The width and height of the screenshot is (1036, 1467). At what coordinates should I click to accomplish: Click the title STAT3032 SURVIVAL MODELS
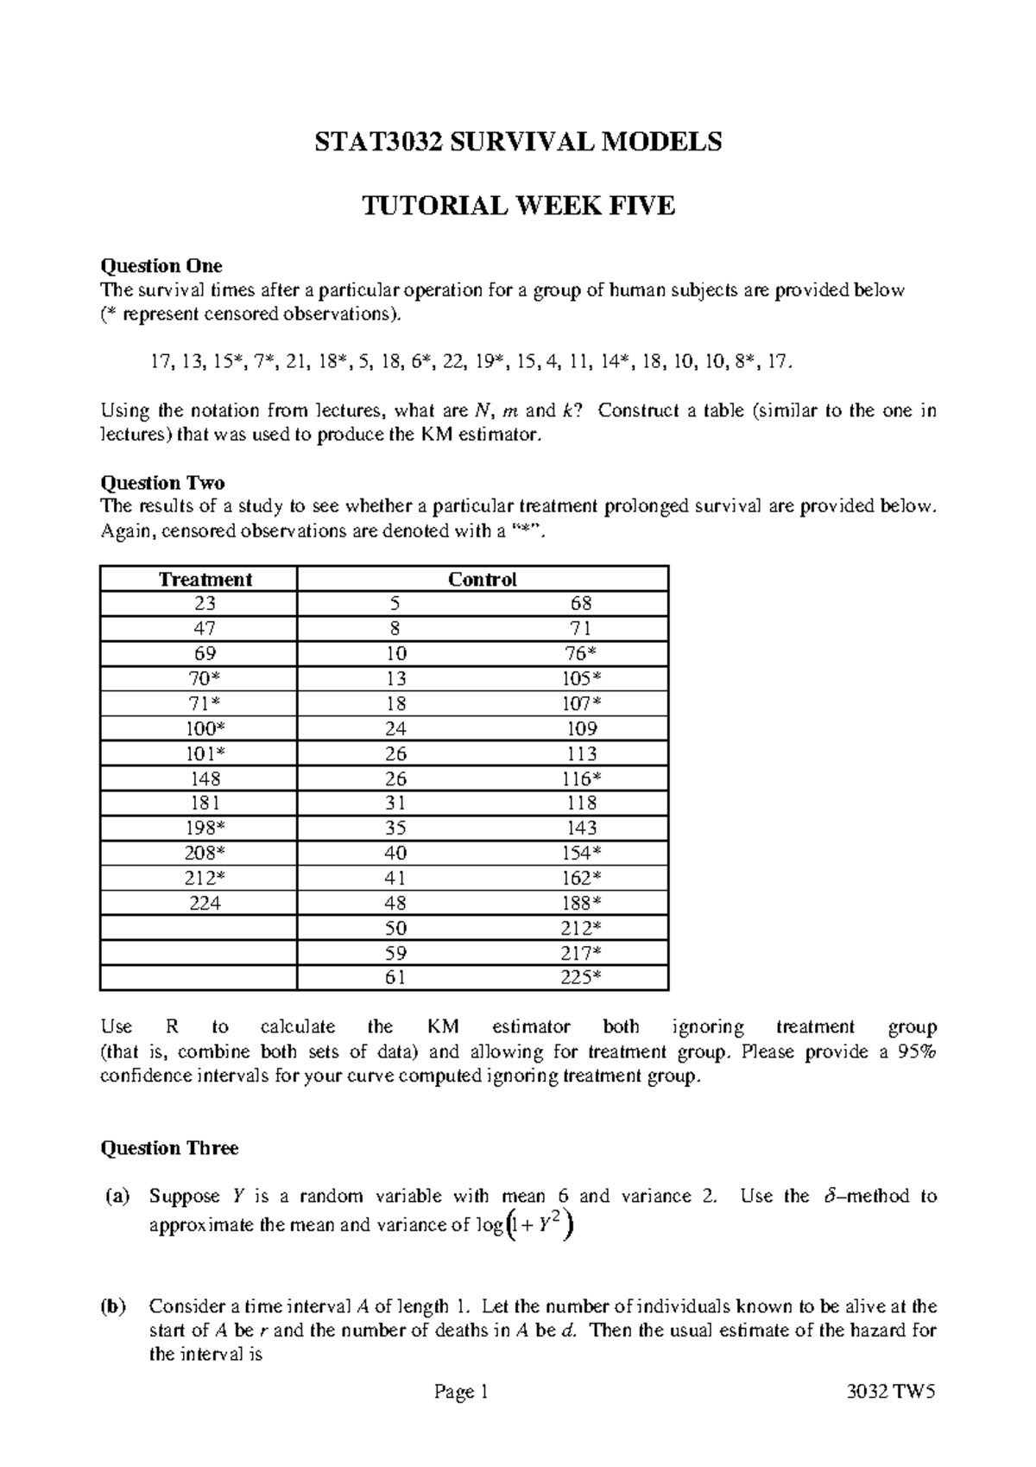[x=517, y=142]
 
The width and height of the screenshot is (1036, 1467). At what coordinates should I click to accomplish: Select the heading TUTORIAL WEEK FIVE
[x=517, y=206]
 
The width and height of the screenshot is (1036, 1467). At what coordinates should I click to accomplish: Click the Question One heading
[x=161, y=265]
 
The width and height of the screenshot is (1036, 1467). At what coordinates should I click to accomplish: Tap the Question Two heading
[x=162, y=482]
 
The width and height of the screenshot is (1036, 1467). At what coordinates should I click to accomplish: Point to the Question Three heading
[x=169, y=1148]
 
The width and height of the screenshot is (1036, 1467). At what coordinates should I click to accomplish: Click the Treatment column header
[x=205, y=580]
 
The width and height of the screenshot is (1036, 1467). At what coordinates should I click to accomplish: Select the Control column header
[x=482, y=580]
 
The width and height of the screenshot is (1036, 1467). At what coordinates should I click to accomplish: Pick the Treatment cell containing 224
[x=205, y=904]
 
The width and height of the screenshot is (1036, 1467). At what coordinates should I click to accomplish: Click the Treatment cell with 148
[x=205, y=778]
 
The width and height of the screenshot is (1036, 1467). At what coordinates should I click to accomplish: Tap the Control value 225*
[x=581, y=978]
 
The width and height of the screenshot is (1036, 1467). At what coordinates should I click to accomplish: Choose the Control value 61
[x=395, y=978]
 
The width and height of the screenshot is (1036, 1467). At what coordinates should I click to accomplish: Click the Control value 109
[x=581, y=728]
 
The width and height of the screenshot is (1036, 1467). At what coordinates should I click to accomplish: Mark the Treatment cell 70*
[x=205, y=678]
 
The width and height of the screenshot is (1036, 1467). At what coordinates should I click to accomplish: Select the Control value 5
[x=395, y=603]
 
